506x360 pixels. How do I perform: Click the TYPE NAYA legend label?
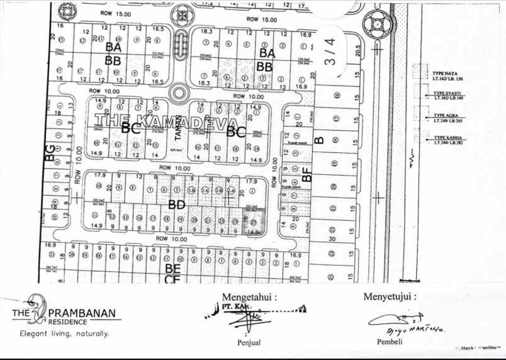point(447,73)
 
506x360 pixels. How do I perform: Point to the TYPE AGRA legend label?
point(445,116)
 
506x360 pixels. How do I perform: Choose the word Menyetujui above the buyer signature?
point(389,296)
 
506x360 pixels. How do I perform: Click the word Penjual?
point(249,343)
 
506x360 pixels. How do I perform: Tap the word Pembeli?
point(388,342)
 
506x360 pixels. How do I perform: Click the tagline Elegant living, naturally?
point(64,333)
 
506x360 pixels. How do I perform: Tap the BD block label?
point(176,204)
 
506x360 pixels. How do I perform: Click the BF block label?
point(306,174)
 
